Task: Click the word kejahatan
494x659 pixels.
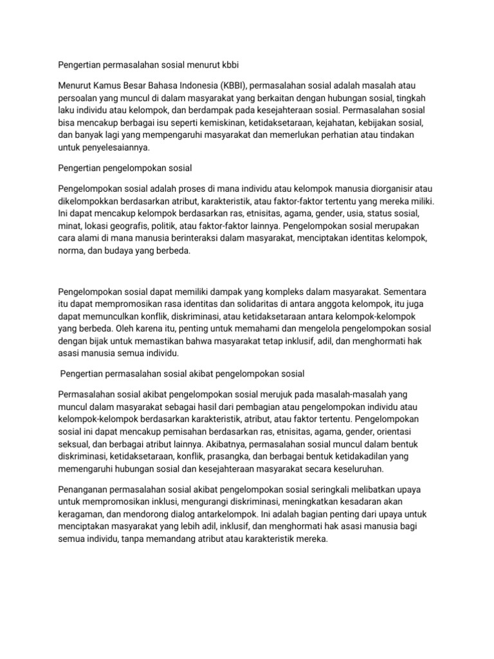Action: (353, 122)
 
